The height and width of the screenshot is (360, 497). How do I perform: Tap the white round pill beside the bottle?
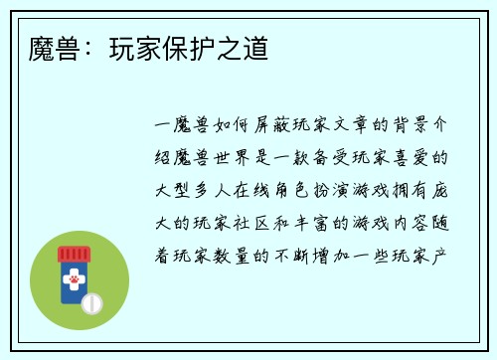[x=91, y=301]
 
